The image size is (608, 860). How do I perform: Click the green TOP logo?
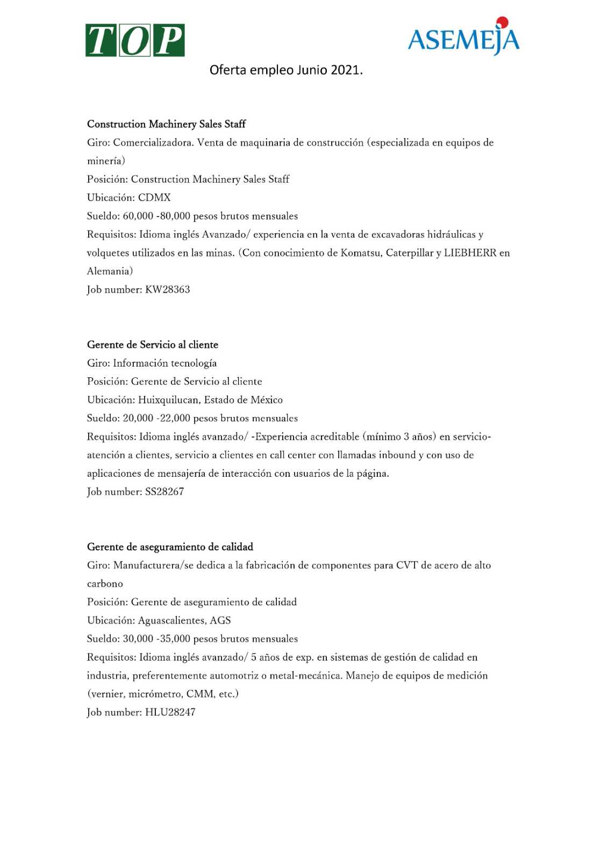tap(135, 40)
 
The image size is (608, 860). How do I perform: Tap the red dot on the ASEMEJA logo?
tap(502, 22)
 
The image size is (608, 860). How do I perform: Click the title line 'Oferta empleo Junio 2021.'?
tap(286, 70)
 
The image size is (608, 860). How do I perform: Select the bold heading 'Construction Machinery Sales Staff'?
tap(166, 124)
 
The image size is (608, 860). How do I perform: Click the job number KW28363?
tap(168, 289)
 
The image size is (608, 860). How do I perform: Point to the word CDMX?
tap(154, 197)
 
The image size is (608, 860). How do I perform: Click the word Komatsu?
tap(360, 253)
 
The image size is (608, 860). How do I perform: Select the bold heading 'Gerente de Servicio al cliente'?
tap(153, 345)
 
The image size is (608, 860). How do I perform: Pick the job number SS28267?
tap(164, 491)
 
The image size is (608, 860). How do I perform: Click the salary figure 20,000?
tap(138, 418)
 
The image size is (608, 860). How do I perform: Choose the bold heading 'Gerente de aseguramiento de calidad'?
tap(170, 547)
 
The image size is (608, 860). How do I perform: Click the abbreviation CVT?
tap(407, 565)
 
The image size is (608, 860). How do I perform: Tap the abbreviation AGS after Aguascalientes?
tap(220, 620)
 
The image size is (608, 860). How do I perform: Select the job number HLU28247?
tap(170, 712)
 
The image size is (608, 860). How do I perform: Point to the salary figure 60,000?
tap(138, 216)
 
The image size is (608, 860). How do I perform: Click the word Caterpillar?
tap(410, 253)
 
